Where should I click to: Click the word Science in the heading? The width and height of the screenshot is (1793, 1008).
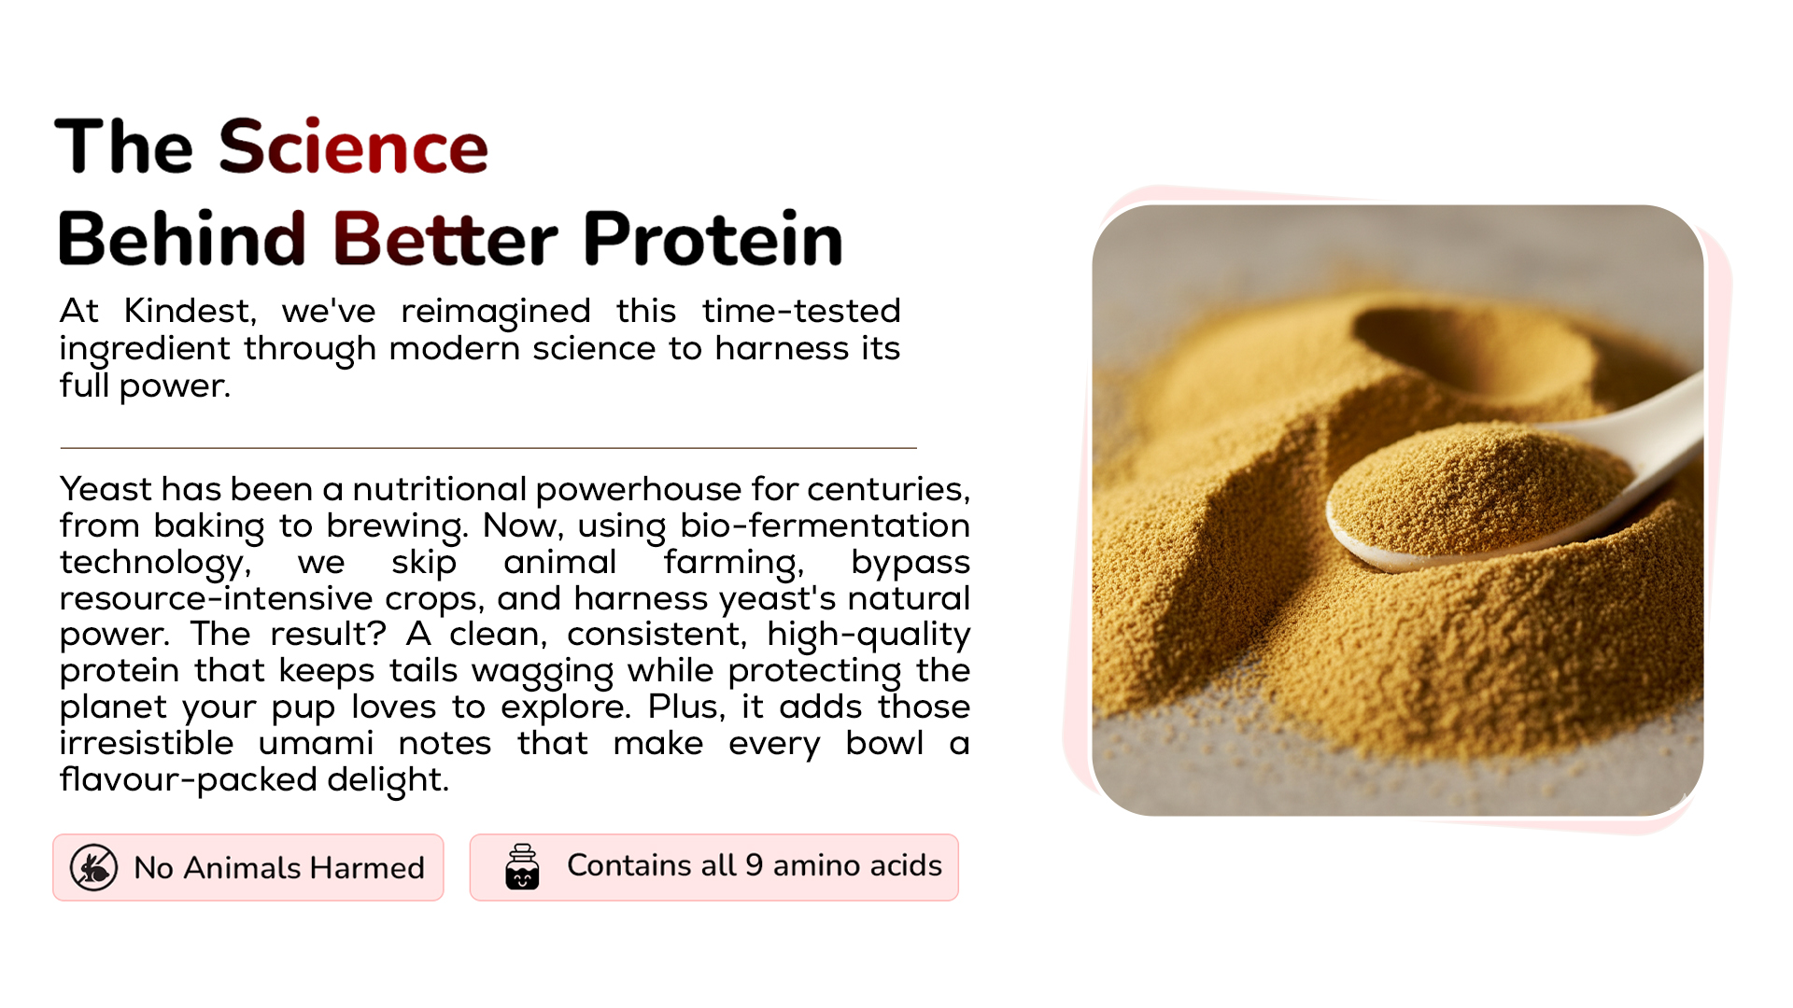[x=353, y=147]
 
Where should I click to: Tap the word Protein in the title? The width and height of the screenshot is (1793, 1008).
[x=713, y=238]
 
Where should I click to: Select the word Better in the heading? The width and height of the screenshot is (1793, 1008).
[x=445, y=238]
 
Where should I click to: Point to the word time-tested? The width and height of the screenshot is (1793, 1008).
[x=801, y=311]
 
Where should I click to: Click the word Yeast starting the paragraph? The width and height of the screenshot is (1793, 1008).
[x=106, y=489]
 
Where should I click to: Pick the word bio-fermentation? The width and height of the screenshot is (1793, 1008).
[x=825, y=525]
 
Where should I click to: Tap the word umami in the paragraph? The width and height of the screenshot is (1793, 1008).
[x=316, y=743]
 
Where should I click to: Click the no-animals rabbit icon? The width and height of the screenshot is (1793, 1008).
[x=93, y=868]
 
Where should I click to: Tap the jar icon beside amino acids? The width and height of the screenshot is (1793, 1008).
[x=522, y=867]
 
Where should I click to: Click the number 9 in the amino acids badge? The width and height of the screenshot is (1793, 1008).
[x=754, y=865]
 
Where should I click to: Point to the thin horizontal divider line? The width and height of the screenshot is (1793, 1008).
[x=488, y=448]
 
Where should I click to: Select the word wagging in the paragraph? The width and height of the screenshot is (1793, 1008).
[x=543, y=671]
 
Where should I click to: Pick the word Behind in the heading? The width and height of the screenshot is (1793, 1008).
[x=183, y=238]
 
